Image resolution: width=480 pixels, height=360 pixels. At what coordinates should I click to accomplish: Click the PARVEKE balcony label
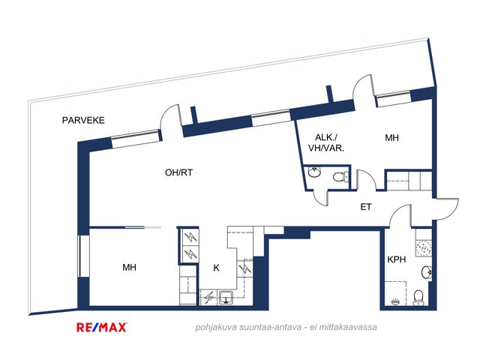click(x=83, y=120)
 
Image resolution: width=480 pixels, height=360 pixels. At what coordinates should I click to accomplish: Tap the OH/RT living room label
click(x=179, y=172)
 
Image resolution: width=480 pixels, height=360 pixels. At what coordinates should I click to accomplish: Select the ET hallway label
click(x=366, y=207)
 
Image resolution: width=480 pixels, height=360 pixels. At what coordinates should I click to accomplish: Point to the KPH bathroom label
click(x=396, y=260)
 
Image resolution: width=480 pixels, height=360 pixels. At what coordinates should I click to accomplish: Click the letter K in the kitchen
click(x=216, y=267)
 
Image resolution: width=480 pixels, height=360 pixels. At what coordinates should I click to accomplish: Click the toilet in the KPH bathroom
click(x=420, y=297)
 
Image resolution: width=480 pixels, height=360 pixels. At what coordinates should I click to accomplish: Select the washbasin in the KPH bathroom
click(x=426, y=271)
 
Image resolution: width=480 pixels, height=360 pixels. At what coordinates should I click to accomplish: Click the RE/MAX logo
click(x=103, y=327)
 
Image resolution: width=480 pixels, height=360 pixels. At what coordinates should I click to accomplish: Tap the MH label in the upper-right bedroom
click(x=392, y=138)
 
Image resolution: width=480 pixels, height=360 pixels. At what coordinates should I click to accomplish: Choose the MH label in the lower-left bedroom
click(x=129, y=267)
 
